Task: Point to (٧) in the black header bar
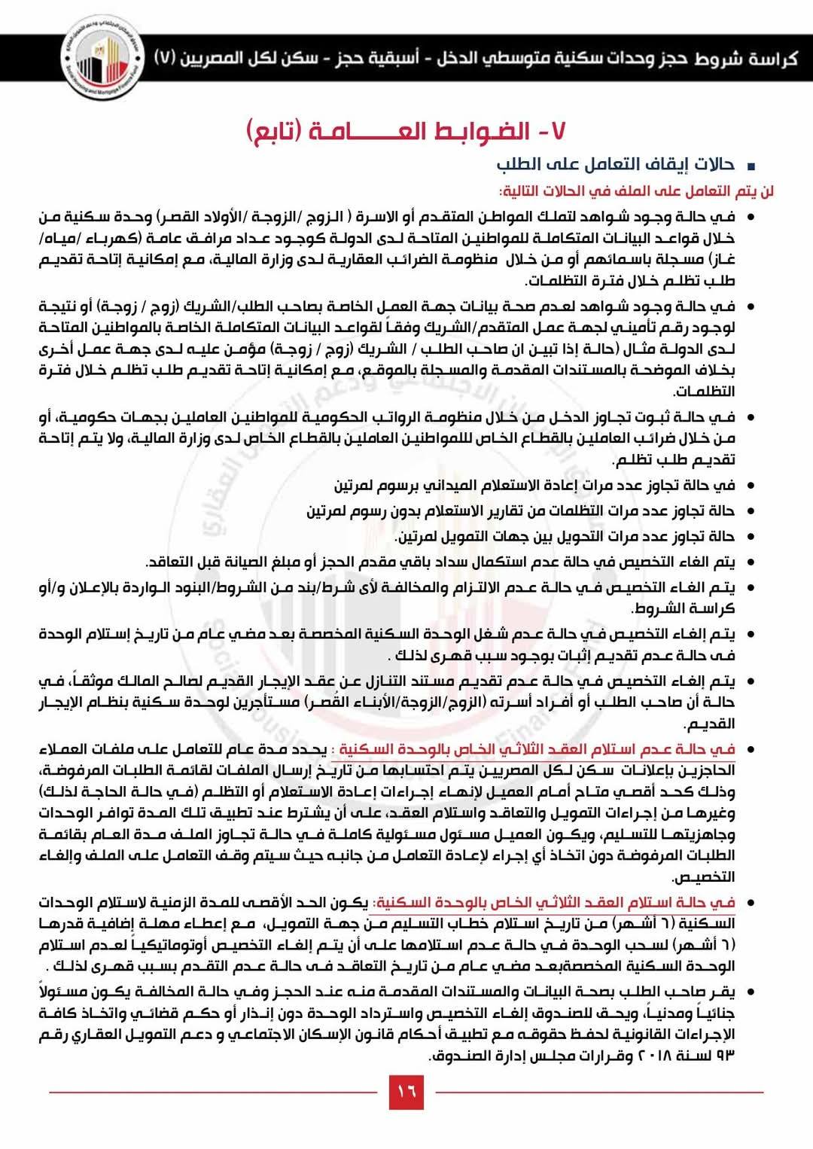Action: [166, 59]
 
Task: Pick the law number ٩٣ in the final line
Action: [725, 1056]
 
